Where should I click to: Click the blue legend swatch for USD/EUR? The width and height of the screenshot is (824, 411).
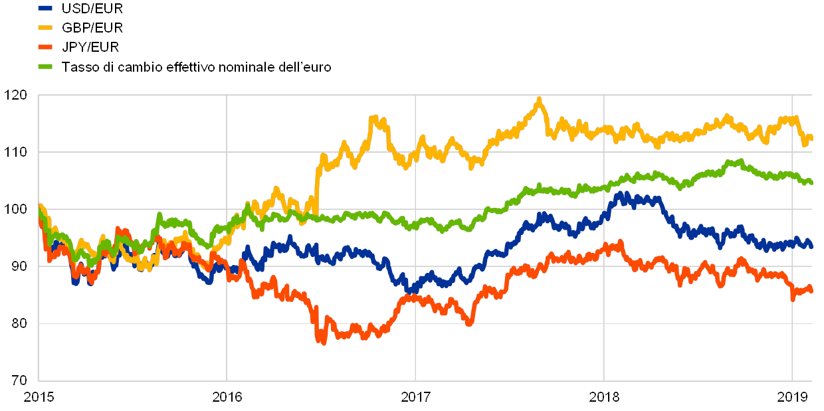[x=45, y=9]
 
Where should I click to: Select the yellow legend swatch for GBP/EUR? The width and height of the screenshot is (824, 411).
[x=45, y=28]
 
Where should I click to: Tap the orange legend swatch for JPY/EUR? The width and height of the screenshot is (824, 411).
[x=45, y=47]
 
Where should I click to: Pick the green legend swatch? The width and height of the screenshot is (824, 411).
[x=45, y=66]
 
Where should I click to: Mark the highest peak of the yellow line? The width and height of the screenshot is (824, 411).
[x=539, y=100]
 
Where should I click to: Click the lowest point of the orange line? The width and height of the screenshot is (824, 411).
[x=324, y=341]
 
